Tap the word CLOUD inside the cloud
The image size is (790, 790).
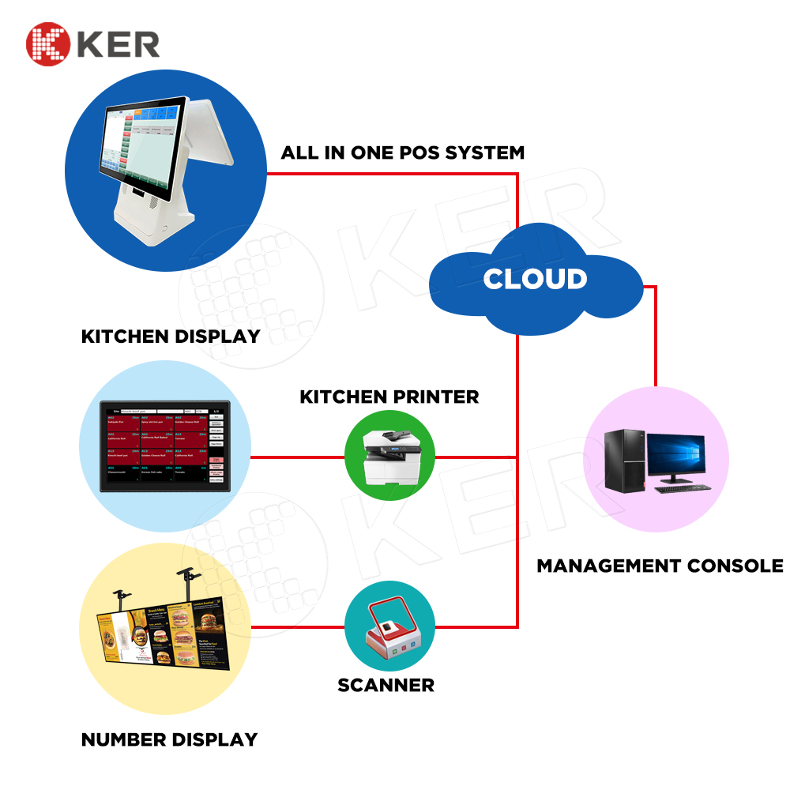[x=535, y=279]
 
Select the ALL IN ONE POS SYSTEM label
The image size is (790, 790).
[x=402, y=152]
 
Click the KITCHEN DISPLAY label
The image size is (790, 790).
[x=171, y=337]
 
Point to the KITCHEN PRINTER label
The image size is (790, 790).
[x=389, y=397]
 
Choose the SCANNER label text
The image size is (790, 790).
[x=386, y=685]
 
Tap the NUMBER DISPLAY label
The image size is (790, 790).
[x=169, y=740]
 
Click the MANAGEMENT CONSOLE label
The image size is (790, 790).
[x=660, y=566]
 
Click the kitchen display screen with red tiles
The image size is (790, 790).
[x=165, y=447]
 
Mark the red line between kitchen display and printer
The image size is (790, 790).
[x=298, y=457]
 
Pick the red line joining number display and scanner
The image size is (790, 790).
[x=298, y=628]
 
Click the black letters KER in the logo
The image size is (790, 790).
[x=118, y=43]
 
